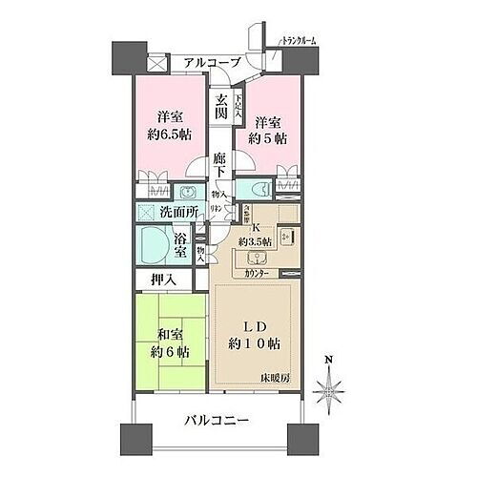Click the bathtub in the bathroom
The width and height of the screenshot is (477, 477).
click(x=152, y=243)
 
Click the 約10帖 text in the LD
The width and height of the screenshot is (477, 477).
click(x=254, y=342)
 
